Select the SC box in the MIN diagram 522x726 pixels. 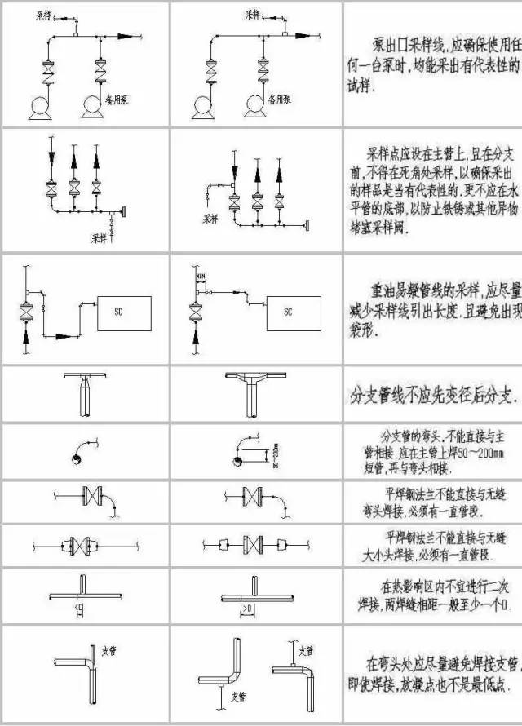(287, 311)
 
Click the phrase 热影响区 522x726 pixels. (414, 586)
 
